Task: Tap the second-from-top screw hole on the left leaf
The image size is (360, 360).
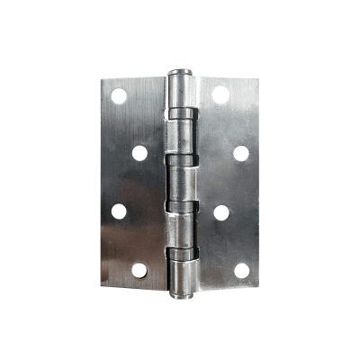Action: click(139, 152)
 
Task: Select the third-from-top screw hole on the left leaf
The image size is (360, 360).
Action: click(119, 211)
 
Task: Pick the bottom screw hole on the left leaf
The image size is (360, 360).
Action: click(139, 269)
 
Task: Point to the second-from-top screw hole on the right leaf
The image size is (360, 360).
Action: click(241, 152)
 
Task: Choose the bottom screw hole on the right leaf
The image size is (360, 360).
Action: click(241, 269)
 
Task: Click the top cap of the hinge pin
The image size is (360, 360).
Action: click(180, 70)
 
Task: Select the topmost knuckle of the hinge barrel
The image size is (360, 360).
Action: click(180, 90)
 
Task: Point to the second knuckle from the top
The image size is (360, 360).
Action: click(180, 135)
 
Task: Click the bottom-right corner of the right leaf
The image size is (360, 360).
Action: click(258, 285)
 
